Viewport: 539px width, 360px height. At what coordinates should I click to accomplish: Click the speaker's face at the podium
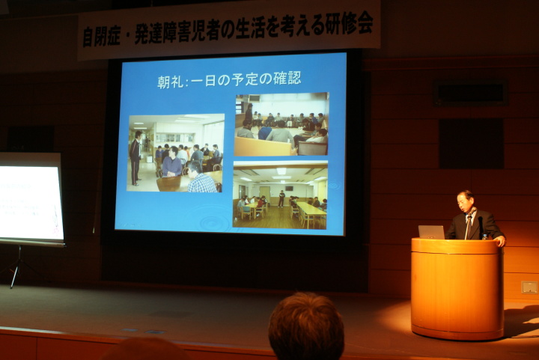[x=465, y=203]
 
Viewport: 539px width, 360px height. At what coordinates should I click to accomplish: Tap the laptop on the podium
[x=431, y=232]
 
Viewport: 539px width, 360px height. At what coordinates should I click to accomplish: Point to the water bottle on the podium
[x=484, y=237]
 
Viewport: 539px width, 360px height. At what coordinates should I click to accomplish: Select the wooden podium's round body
[x=457, y=289]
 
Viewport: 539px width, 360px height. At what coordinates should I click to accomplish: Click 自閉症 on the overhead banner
[x=101, y=37]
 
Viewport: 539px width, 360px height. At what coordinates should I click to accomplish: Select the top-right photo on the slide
[x=281, y=124]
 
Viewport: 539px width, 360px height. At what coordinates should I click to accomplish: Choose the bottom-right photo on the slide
[x=280, y=195]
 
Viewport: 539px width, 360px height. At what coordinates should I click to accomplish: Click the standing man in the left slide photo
[x=135, y=158]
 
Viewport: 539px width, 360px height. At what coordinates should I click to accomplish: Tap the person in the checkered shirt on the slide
[x=201, y=178]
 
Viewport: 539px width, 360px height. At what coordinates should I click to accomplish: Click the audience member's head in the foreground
[x=306, y=326]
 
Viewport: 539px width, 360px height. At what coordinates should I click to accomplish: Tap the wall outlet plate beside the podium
[x=529, y=287]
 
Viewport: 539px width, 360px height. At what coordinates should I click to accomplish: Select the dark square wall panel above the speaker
[x=472, y=144]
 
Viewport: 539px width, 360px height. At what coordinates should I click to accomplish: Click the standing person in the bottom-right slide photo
[x=281, y=198]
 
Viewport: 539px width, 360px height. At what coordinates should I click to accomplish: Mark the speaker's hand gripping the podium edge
[x=501, y=241]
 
